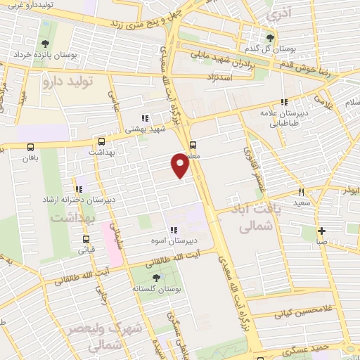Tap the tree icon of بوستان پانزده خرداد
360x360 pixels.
[x=46, y=43]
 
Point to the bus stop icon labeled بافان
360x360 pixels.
[x=30, y=147]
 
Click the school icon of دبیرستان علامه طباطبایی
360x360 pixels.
[x=284, y=102]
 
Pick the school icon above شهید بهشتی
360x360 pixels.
[x=144, y=118]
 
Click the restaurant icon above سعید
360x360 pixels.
[x=301, y=191]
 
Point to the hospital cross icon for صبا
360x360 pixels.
[x=321, y=231]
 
